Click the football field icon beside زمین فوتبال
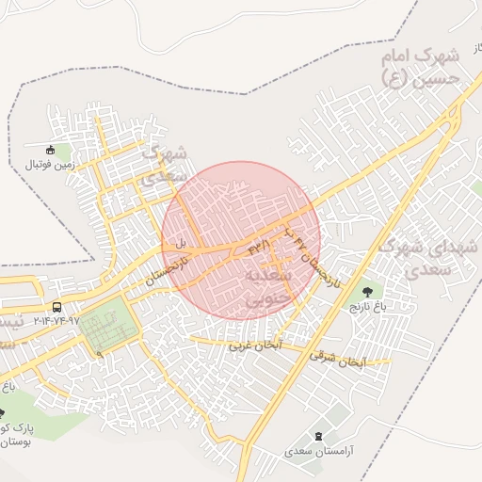coord(51,150)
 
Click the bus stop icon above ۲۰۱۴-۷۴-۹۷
coord(57,307)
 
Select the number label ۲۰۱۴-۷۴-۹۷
coord(57,321)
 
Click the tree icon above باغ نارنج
coord(366,292)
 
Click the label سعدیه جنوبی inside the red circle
coord(263,286)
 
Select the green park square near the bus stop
coord(106,325)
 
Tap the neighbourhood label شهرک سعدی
coord(166,164)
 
